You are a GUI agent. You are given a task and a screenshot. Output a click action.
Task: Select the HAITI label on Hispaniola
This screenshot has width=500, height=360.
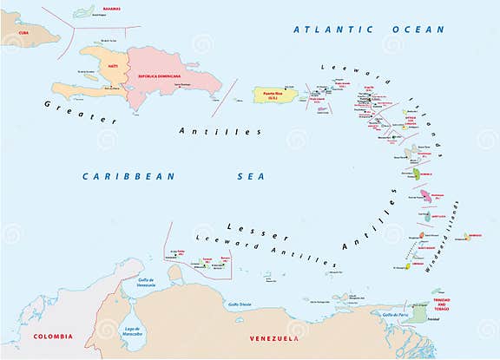point(113,65)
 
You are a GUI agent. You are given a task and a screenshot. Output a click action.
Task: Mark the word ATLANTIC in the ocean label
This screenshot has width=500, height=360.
point(326,29)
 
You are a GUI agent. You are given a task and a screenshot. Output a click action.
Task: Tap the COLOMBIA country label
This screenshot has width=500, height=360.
point(53,336)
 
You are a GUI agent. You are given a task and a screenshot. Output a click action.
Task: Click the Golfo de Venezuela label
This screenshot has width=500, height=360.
point(144,283)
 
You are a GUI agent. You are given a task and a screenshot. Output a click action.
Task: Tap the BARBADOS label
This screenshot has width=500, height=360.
point(472,235)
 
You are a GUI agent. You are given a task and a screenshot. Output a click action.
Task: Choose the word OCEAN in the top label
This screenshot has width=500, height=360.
point(418,29)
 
